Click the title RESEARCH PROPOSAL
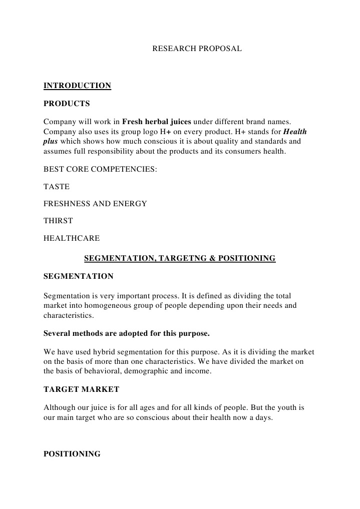[197, 49]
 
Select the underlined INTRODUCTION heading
[77, 86]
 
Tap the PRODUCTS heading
[67, 104]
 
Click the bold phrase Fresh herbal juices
[157, 122]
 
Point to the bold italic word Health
[295, 132]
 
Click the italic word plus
[51, 141]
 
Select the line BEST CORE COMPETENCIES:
[100, 169]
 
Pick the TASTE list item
[57, 187]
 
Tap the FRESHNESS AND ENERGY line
[95, 204]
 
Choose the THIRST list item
[58, 221]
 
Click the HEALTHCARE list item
[72, 238]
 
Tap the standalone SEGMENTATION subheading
[79, 276]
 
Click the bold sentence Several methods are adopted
[126, 333]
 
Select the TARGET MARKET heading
[82, 389]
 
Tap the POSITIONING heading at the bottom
[72, 454]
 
